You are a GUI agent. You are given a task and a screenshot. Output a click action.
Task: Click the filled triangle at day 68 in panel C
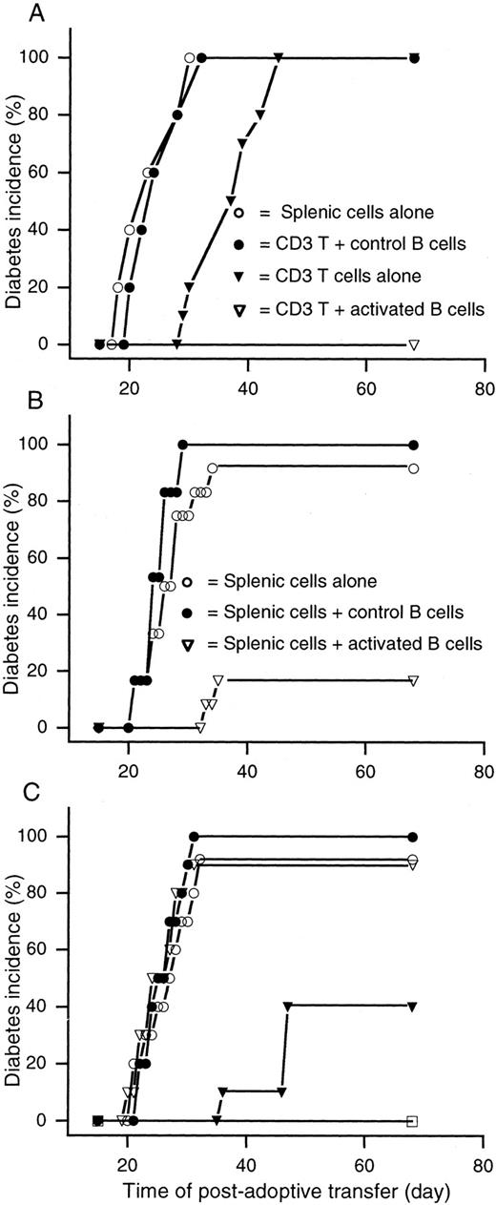[x=413, y=1007]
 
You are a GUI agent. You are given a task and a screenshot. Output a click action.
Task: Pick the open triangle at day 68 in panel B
[x=413, y=680]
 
